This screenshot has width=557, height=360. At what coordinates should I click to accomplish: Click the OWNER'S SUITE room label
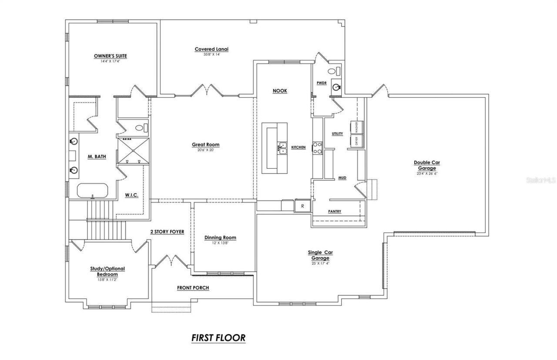[x=111, y=56]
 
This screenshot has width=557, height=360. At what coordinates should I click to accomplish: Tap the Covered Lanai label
[x=211, y=49]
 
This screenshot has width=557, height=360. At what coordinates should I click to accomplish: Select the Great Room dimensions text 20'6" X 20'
[x=206, y=150]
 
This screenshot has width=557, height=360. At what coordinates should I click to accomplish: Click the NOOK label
[x=280, y=91]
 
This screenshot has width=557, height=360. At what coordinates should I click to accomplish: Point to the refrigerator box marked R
[x=302, y=205]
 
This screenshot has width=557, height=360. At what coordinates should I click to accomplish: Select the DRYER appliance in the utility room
[x=356, y=141]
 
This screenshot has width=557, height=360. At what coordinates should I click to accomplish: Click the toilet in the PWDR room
[x=334, y=71]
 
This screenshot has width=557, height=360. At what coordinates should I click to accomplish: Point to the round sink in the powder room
[x=336, y=87]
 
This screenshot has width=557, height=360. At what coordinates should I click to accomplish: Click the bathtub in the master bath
[x=93, y=190]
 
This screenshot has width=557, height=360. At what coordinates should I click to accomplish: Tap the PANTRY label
[x=334, y=212]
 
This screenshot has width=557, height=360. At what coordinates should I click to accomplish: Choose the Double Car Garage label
[x=427, y=165]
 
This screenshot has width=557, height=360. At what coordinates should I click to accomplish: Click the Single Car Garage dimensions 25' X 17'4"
[x=320, y=263]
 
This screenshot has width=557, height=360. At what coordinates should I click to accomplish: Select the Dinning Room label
[x=220, y=237]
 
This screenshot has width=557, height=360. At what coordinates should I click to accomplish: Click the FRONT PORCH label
[x=193, y=288]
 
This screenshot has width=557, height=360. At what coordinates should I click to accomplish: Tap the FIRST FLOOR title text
[x=218, y=337]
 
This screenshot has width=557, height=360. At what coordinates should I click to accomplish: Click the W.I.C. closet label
[x=131, y=195]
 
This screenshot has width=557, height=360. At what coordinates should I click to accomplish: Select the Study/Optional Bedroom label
[x=107, y=271]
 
